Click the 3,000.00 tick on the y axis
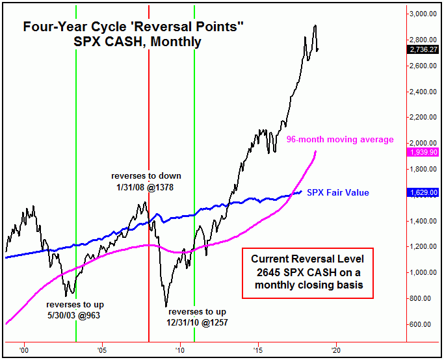coord(423,13)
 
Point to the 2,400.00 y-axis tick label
coord(423,92)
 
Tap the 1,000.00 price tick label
coord(423,272)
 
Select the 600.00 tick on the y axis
coord(424,324)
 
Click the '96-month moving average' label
coord(340,139)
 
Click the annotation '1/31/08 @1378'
coord(146,187)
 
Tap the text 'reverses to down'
coord(146,176)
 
